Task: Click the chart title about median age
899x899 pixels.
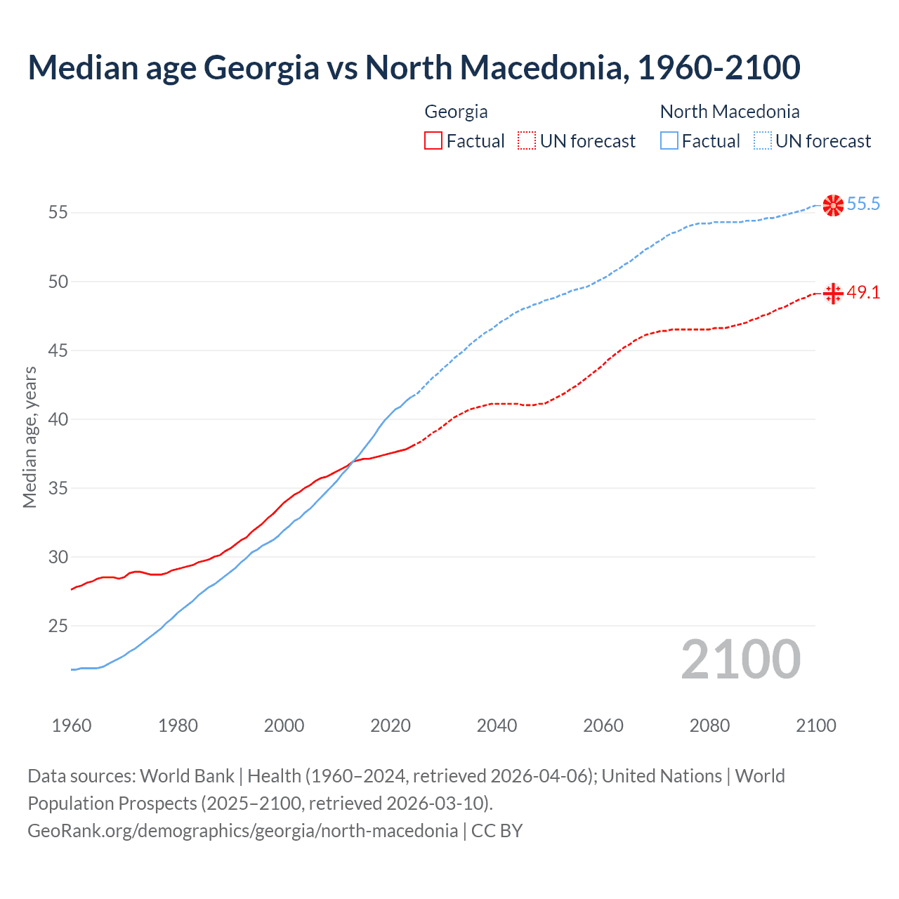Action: tap(414, 67)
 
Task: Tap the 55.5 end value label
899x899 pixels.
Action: tap(863, 204)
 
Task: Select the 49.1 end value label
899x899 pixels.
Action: tap(863, 293)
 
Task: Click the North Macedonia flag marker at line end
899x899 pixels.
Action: tap(833, 205)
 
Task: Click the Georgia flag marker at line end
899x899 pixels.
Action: tap(833, 293)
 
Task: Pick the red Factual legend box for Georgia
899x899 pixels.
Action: tap(433, 141)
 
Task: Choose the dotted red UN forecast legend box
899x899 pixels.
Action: tap(527, 141)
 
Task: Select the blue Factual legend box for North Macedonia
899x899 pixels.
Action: tap(669, 141)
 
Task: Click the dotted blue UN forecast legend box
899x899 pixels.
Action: tap(762, 141)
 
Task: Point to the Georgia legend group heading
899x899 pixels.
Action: tap(456, 112)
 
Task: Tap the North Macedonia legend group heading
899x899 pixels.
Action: tap(730, 112)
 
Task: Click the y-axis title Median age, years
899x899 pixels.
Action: tap(29, 437)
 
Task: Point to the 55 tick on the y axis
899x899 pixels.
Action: tap(58, 212)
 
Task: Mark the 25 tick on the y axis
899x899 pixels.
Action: tap(58, 626)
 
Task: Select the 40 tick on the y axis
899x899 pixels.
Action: tap(58, 419)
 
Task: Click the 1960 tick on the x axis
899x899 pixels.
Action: tap(72, 726)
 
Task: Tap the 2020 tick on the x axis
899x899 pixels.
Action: tap(391, 726)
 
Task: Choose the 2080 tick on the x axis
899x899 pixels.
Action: tap(709, 726)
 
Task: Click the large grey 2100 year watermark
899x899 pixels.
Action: tap(740, 660)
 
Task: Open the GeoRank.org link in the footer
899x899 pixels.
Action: tap(242, 831)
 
